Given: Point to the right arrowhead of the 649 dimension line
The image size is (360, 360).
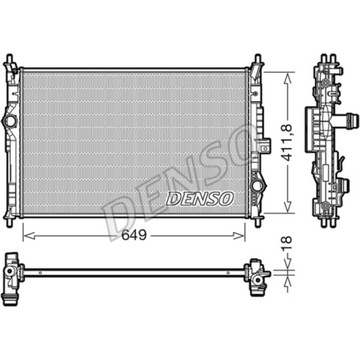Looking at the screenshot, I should [254, 235].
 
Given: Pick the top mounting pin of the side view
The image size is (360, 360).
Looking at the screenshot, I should [326, 40].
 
